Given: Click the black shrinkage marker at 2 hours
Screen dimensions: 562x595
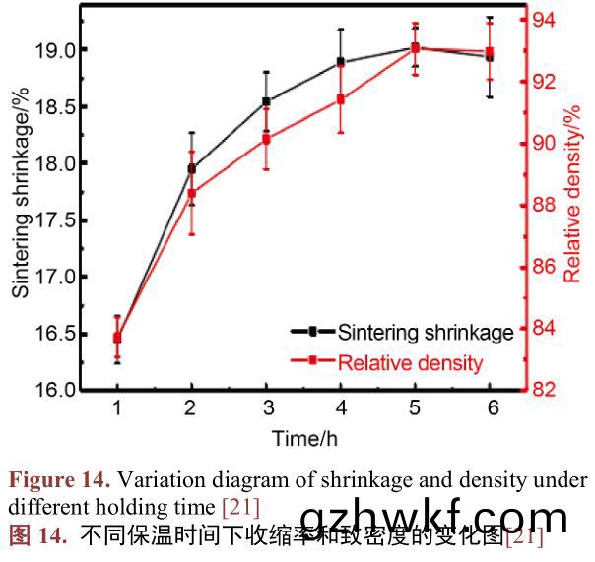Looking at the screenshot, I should [x=191, y=168].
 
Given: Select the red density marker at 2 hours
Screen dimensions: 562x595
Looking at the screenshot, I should [x=191, y=194].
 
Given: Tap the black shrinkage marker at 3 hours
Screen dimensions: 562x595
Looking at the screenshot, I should [x=266, y=101].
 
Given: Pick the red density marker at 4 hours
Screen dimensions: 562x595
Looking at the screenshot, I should [x=341, y=99].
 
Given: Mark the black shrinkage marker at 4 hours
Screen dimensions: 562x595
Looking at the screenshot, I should [x=341, y=62].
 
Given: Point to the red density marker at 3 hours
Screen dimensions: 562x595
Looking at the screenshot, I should [x=266, y=139].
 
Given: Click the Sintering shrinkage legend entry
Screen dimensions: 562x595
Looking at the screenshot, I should [x=425, y=333].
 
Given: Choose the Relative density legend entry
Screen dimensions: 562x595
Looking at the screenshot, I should [x=410, y=362].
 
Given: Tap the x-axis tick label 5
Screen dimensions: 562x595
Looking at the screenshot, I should [x=415, y=406].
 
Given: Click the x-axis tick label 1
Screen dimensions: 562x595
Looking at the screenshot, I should [x=117, y=406].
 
